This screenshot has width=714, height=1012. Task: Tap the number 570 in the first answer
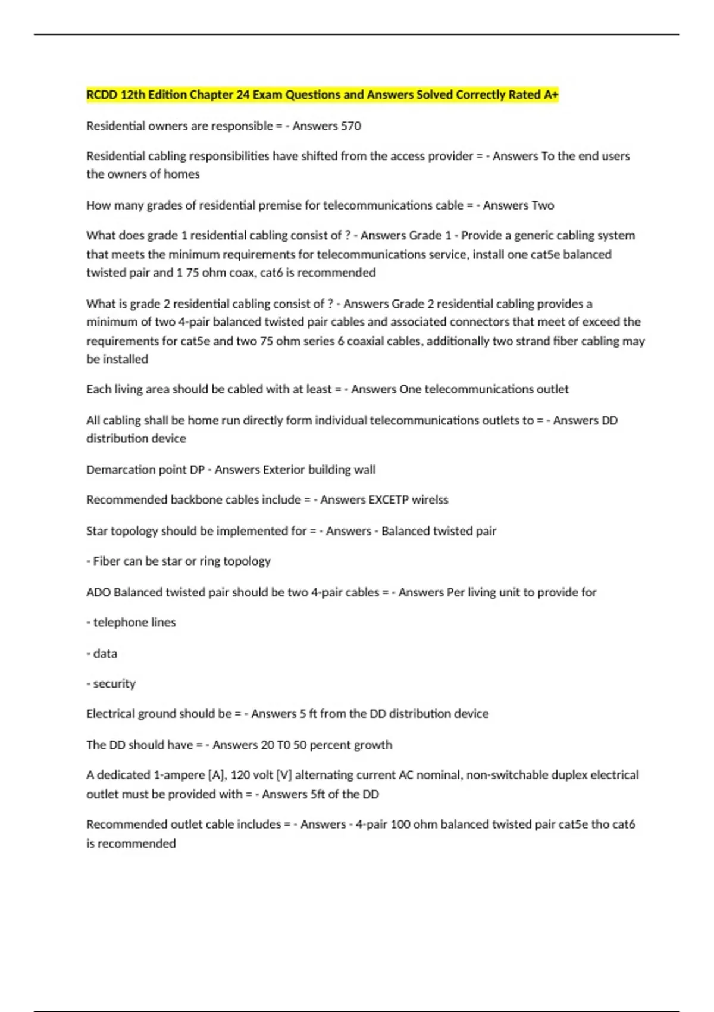click(x=350, y=126)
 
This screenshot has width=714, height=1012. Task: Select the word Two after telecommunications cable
click(x=542, y=205)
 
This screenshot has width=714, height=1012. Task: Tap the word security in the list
click(x=114, y=683)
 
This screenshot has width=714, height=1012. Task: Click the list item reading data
click(x=105, y=653)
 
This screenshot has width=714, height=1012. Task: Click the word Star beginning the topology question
click(x=97, y=531)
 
